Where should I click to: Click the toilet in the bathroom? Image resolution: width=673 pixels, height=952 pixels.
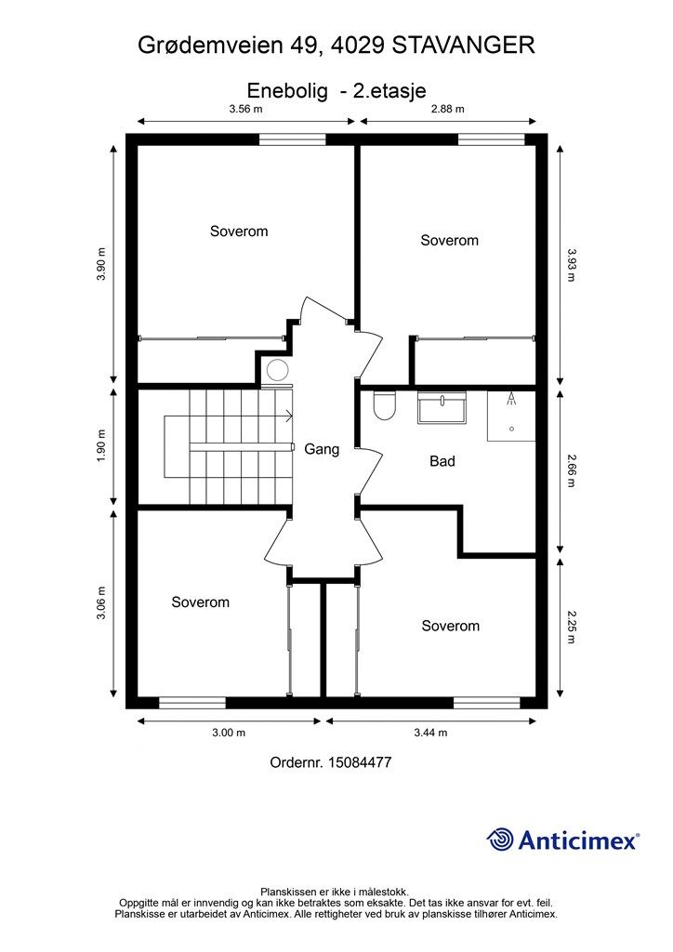(384, 406)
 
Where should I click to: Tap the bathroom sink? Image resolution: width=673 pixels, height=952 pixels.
(442, 408)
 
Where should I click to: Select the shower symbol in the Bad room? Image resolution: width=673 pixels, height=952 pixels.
(511, 416)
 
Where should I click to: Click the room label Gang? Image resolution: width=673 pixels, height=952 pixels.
(322, 449)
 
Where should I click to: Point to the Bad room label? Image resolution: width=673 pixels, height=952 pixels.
(442, 461)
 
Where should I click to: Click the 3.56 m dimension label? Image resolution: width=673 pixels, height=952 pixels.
(245, 110)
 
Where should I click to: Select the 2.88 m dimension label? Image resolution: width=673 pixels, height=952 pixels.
(448, 110)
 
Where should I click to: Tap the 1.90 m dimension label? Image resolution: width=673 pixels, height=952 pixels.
(101, 446)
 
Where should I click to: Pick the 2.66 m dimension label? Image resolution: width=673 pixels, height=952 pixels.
(571, 470)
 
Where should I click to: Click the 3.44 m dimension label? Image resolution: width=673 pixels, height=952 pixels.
(431, 733)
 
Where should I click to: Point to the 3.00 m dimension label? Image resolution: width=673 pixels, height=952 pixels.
(229, 733)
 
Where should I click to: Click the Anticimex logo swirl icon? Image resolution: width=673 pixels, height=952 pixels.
(500, 840)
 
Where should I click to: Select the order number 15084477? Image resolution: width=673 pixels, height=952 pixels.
(360, 762)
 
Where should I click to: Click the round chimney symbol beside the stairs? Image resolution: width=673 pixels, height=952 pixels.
(277, 370)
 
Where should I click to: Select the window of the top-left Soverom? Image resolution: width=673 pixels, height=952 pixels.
(293, 139)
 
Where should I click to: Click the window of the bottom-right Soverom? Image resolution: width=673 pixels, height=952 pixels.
(487, 703)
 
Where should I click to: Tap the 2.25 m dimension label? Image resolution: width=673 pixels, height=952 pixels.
(571, 628)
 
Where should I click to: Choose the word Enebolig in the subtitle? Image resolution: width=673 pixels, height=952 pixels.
(287, 91)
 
